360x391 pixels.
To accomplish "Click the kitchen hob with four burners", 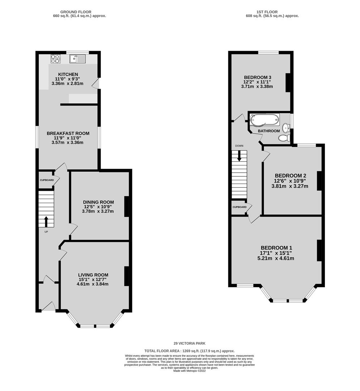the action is [56, 59].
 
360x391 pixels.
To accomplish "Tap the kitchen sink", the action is [77, 59].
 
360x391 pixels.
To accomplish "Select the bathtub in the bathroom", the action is [264, 120].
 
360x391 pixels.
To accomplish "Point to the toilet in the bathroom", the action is [284, 138].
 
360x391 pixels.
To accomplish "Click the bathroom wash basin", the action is [287, 127].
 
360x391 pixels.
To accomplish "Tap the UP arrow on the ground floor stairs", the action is [46, 222].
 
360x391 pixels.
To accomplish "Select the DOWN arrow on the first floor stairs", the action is [239, 156].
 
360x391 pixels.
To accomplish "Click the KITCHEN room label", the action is [68, 74].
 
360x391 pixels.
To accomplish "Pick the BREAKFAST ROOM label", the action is [68, 133].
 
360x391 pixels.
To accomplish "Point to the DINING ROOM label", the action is [98, 202].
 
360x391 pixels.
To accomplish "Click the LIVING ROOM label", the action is [93, 275].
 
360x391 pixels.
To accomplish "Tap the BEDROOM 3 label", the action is [257, 77].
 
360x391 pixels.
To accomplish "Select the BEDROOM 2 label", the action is [291, 176].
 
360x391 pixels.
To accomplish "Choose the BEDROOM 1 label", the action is [276, 248].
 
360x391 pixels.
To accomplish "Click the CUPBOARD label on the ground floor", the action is [47, 180].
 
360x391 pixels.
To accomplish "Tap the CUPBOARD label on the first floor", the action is [240, 207].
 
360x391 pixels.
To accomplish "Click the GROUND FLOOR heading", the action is [76, 12].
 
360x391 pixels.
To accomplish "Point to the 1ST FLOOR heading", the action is [267, 12].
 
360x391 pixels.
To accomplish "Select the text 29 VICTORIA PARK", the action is [190, 343].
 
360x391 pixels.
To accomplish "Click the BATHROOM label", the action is [269, 131].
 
